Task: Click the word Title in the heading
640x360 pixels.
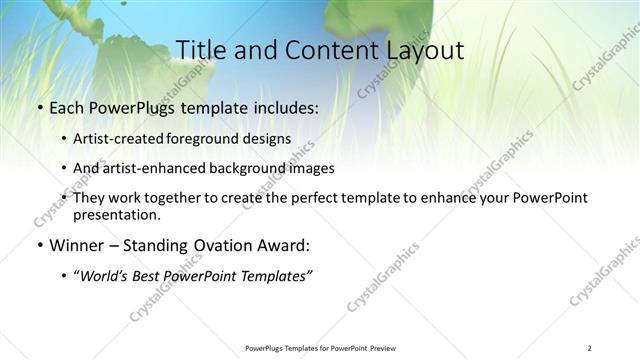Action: point(200,50)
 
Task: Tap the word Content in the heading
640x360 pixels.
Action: point(325,50)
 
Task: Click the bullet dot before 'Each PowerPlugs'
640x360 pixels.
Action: point(38,105)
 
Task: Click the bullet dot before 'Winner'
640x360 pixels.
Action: point(38,244)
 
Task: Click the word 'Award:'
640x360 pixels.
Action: point(286,244)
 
